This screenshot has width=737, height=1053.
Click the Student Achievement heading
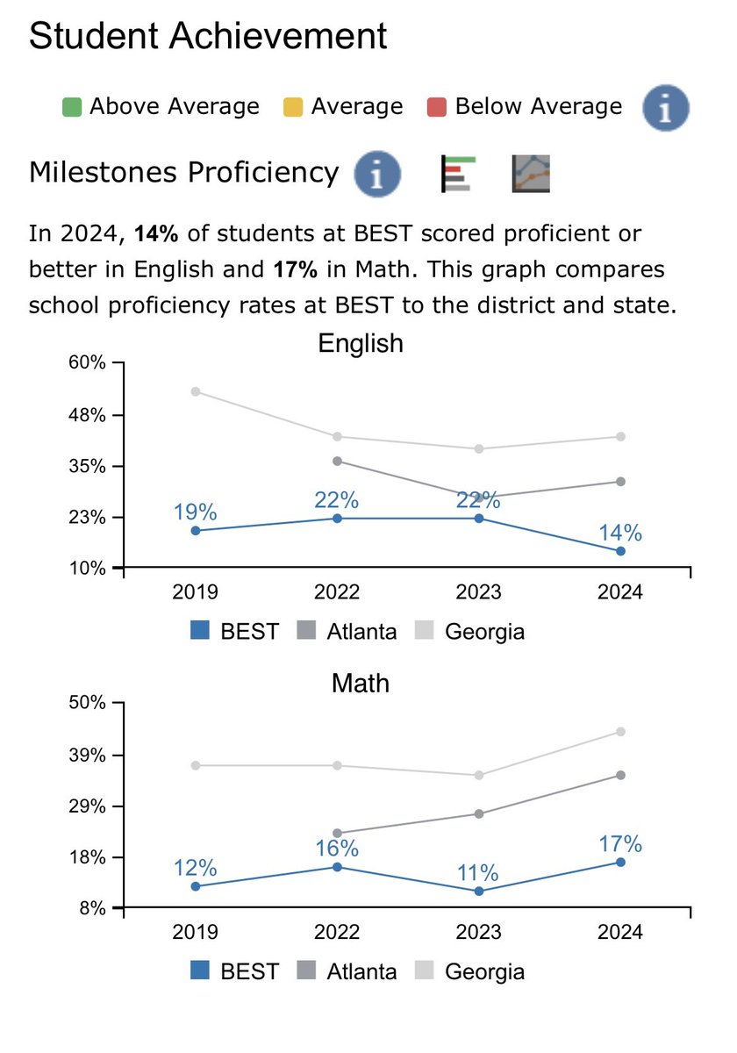click(x=208, y=37)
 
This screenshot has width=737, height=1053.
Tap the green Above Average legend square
click(x=72, y=107)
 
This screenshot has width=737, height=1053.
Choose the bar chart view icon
click(x=456, y=173)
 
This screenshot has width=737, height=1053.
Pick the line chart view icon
click(x=530, y=173)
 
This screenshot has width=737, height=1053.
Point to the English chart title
click(x=361, y=343)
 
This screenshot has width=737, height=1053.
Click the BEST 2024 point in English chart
click(x=620, y=551)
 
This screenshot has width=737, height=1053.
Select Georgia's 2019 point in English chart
click(x=195, y=391)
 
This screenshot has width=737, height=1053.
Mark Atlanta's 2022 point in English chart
click(x=337, y=461)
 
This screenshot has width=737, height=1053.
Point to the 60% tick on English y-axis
click(x=87, y=363)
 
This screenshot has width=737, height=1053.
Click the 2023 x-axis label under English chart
click(x=479, y=591)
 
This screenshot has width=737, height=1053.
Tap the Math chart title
click(x=361, y=683)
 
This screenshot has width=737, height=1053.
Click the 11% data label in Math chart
click(x=479, y=873)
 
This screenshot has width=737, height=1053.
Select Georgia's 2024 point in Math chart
click(x=620, y=731)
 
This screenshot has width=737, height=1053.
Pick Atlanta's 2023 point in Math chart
click(x=479, y=813)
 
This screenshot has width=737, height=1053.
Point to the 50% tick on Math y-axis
click(x=87, y=703)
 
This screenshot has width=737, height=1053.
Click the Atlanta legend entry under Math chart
click(x=349, y=971)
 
